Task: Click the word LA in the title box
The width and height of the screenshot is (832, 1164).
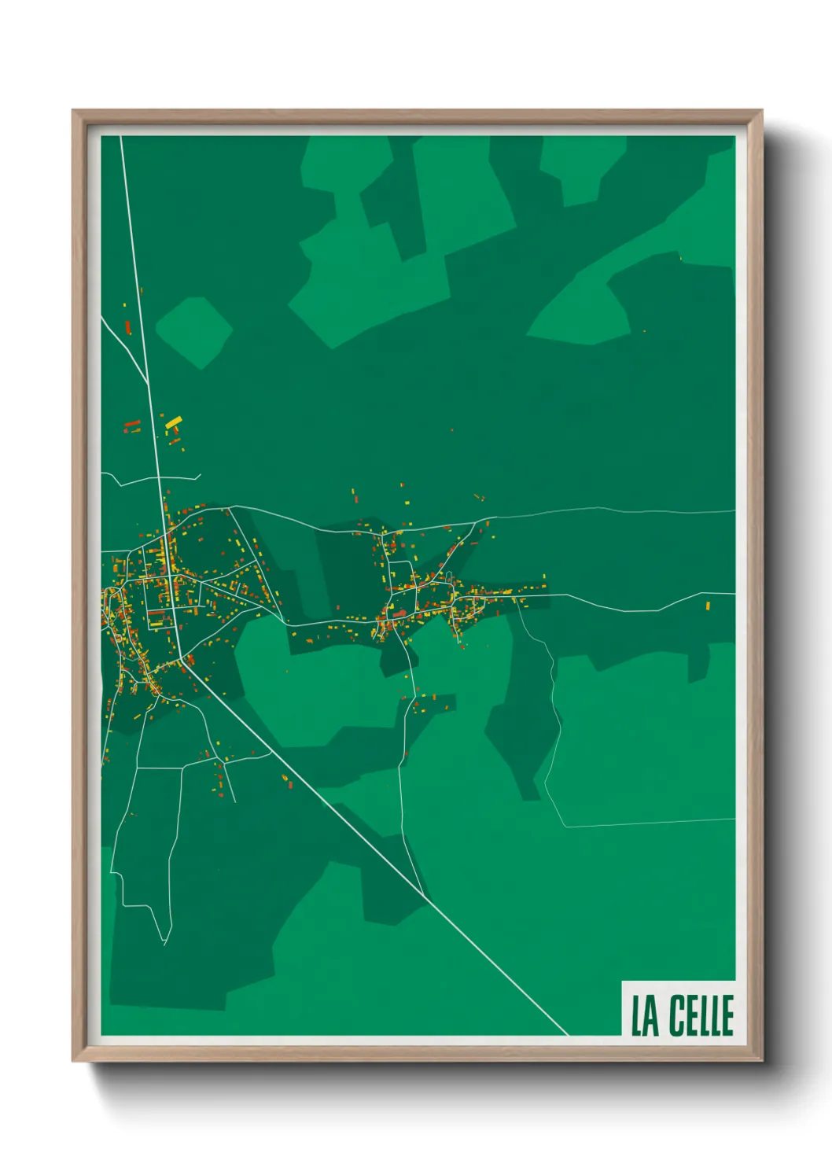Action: tap(645, 1015)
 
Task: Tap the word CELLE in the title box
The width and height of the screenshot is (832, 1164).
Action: tap(701, 1015)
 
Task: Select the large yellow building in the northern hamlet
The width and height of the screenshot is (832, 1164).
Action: tap(172, 423)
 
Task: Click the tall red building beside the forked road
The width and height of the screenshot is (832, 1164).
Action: tap(128, 326)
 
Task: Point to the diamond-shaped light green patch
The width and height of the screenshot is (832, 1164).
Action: tap(193, 332)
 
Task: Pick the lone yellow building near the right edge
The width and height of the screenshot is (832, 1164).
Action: tap(708, 606)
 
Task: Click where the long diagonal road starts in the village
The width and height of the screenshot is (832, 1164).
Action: tap(182, 659)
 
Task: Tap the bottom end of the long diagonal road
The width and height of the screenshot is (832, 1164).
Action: tap(567, 1034)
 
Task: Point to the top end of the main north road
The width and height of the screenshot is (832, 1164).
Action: tap(121, 137)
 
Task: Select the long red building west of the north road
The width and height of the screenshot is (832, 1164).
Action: tap(132, 425)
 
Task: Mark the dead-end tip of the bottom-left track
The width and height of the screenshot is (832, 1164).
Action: tap(165, 943)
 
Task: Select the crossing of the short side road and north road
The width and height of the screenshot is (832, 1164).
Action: tap(160, 477)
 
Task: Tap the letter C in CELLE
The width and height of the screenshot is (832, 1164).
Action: tap(678, 1015)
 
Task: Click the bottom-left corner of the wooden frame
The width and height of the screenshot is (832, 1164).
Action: tap(74, 1060)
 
